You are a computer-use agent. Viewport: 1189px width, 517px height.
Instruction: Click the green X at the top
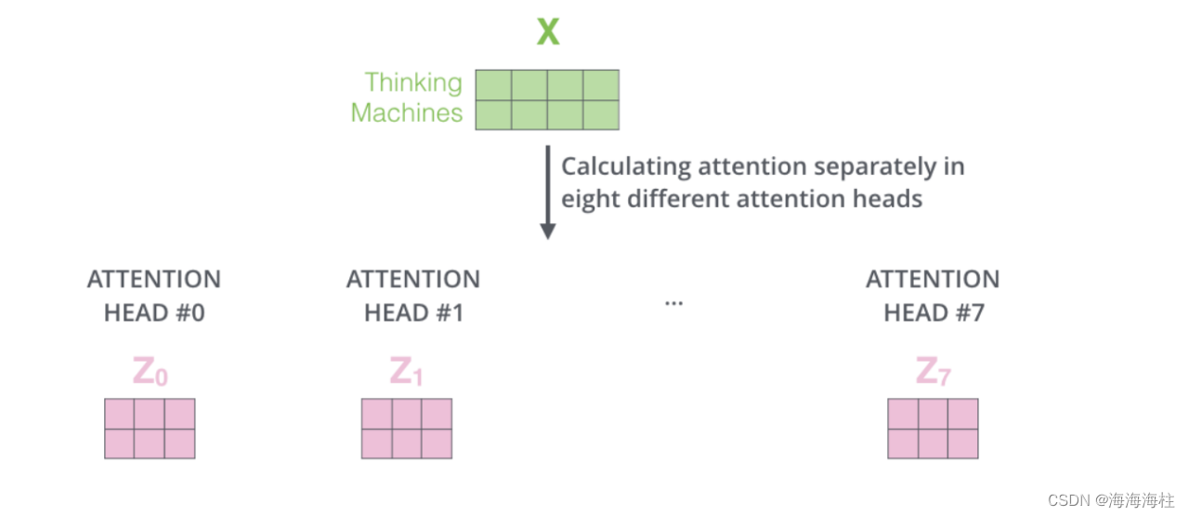[x=548, y=33]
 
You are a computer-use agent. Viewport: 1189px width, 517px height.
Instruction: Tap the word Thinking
[x=413, y=83]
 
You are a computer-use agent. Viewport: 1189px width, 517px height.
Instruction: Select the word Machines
[x=407, y=113]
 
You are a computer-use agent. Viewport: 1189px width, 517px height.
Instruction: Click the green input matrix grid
[x=547, y=99]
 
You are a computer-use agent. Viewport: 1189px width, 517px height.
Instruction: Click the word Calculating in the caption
[x=626, y=167]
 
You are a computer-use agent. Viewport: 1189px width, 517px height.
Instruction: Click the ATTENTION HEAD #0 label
[x=154, y=296]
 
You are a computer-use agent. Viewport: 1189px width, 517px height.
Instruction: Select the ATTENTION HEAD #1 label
[x=413, y=296]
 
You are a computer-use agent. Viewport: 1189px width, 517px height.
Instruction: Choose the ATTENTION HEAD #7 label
[x=933, y=296]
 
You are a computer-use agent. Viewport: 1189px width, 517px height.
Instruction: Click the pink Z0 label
[x=150, y=372]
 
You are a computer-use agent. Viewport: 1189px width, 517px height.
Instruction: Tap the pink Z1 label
[x=407, y=372]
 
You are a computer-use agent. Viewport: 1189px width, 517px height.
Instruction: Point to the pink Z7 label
[x=933, y=372]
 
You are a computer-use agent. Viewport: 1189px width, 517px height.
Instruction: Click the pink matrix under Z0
[x=150, y=429]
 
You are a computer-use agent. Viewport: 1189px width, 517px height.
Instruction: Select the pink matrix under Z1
[x=407, y=429]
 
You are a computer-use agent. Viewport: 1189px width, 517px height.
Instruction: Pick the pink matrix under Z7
[x=933, y=429]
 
